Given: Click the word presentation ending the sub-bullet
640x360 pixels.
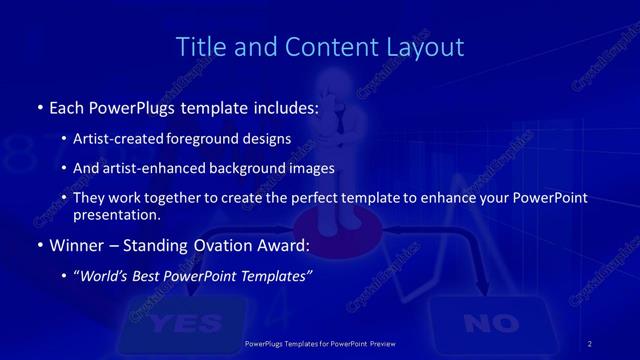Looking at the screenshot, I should (117, 213).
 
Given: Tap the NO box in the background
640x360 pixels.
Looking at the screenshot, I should (491, 322).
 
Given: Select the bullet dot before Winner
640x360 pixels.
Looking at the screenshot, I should (39, 244).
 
